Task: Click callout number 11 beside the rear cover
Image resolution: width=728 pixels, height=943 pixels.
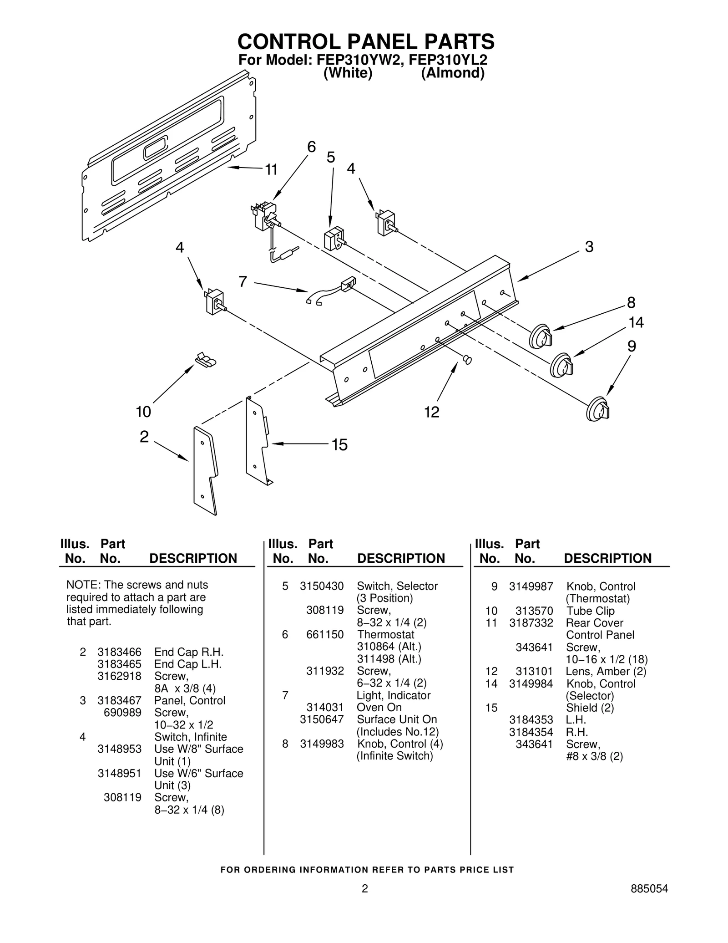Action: click(x=271, y=170)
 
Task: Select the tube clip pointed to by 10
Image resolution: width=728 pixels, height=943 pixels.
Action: click(x=206, y=359)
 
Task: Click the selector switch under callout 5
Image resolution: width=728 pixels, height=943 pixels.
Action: click(x=333, y=239)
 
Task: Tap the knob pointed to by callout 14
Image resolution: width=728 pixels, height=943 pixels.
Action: click(x=561, y=365)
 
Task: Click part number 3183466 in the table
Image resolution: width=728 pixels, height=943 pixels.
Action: click(x=119, y=652)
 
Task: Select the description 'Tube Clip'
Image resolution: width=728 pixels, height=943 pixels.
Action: click(x=590, y=611)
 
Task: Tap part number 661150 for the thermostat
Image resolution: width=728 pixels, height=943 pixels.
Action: click(x=325, y=634)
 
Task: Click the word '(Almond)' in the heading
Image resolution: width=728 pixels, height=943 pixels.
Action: click(x=452, y=73)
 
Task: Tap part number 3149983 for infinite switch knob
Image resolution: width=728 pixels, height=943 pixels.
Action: click(x=322, y=744)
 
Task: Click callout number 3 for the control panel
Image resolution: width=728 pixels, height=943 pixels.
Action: click(x=589, y=247)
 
